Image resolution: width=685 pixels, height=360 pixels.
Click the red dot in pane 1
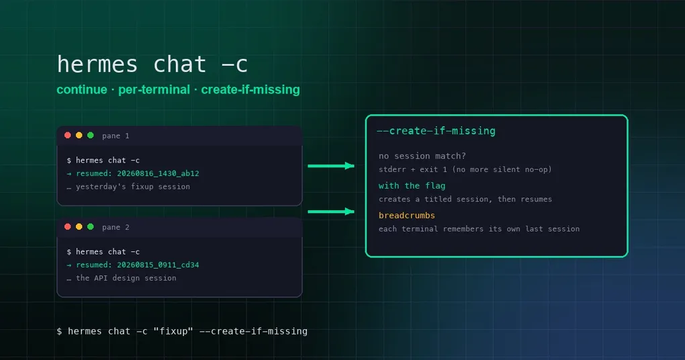(68, 136)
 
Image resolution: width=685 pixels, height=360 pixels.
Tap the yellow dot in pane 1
(79, 136)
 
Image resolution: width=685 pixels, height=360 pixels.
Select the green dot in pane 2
(91, 227)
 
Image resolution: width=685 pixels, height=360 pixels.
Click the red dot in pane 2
(68, 227)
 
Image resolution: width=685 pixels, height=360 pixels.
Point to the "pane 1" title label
(116, 136)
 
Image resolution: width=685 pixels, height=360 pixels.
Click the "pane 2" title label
(116, 227)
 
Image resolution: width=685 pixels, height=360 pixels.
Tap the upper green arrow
(330, 166)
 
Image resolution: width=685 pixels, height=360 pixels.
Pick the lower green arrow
(330, 212)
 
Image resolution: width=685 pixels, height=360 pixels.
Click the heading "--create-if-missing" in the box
(436, 131)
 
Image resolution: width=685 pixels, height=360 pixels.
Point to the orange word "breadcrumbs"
(407, 216)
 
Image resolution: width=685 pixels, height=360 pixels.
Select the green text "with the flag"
(412, 185)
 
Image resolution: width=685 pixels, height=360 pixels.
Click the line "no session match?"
(422, 156)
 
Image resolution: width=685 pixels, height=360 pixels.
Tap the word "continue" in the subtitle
(82, 89)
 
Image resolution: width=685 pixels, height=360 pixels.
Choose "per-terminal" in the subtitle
(154, 90)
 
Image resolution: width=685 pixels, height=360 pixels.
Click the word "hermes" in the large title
(97, 64)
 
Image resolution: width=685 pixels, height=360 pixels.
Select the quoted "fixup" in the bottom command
(173, 332)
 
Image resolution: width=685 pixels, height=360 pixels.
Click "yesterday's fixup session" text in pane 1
(133, 187)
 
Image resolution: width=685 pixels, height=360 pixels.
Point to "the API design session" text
(126, 278)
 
